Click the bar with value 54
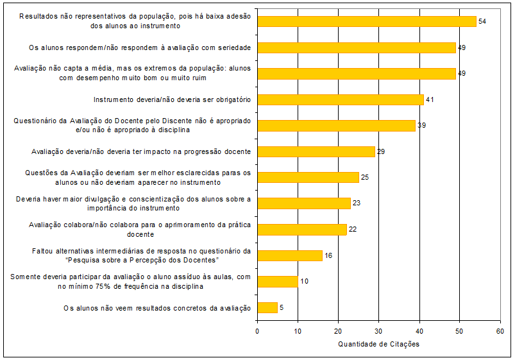(366, 21)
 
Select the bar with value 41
(340, 99)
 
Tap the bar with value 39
(336, 125)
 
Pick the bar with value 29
(316, 151)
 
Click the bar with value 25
(308, 177)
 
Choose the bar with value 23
(303, 203)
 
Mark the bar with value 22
(301, 229)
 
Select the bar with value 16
(289, 255)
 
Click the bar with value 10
(277, 281)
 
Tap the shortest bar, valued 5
(267, 307)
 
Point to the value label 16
(328, 256)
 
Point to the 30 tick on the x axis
(378, 330)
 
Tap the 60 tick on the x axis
(500, 330)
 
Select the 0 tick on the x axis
(257, 330)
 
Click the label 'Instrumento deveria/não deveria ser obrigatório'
(172, 99)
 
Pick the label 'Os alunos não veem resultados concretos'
(157, 308)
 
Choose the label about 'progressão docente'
(141, 152)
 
